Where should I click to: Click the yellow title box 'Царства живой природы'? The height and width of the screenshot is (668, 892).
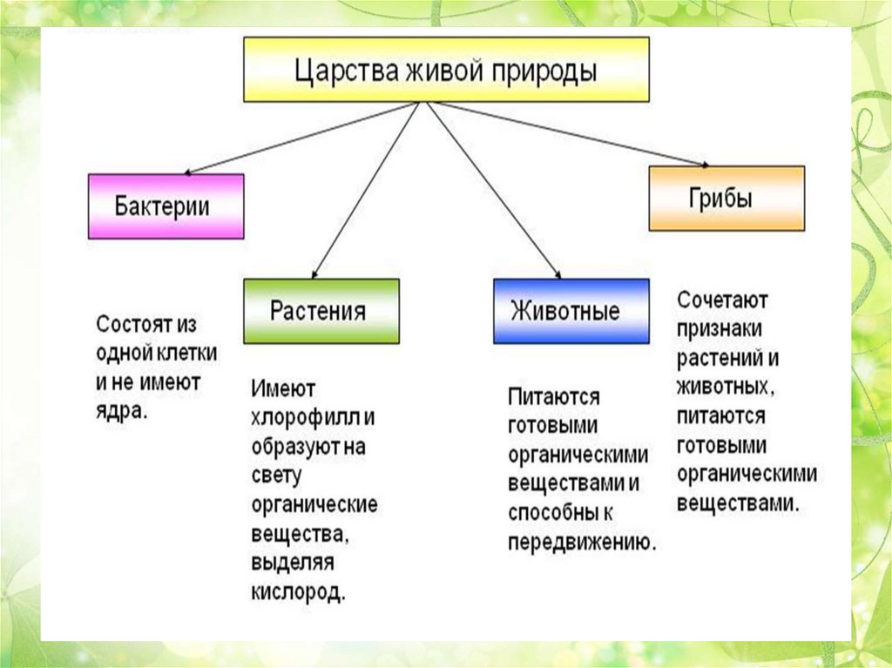[446, 70]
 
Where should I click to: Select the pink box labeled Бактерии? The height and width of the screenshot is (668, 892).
[166, 206]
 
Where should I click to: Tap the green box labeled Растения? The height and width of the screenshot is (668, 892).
[321, 311]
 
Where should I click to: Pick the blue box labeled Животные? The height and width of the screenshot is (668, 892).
[571, 311]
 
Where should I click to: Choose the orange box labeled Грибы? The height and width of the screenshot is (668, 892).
[726, 198]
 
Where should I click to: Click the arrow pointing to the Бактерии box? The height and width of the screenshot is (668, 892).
[301, 138]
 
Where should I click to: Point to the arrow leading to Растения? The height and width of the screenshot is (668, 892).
[366, 191]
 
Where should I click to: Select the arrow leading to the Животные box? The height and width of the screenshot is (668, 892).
[494, 191]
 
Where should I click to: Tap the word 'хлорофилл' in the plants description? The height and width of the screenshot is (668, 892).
[305, 418]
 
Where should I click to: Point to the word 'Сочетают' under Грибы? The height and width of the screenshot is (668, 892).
[722, 300]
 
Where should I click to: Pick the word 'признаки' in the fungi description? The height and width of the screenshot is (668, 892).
[719, 329]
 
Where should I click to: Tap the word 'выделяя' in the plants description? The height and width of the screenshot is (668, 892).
[293, 563]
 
